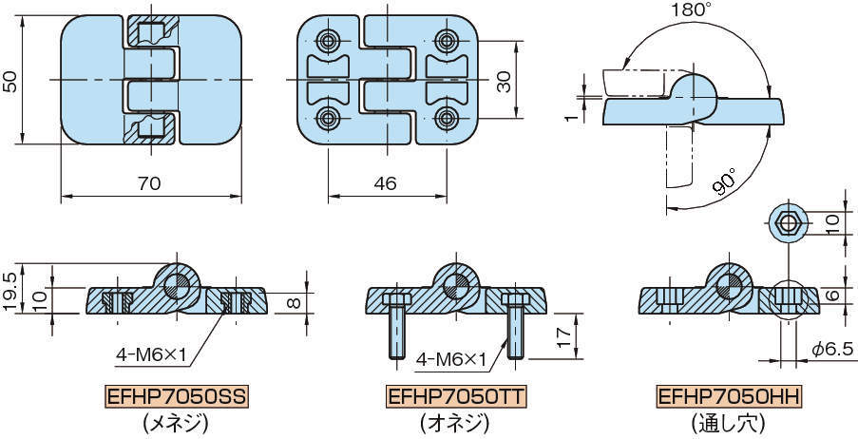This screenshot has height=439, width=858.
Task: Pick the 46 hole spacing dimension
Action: [385, 184]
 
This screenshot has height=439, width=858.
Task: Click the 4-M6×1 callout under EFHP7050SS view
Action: [153, 355]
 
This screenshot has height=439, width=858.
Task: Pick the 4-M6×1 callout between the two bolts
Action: [451, 359]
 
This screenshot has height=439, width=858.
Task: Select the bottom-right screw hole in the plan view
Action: [447, 118]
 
